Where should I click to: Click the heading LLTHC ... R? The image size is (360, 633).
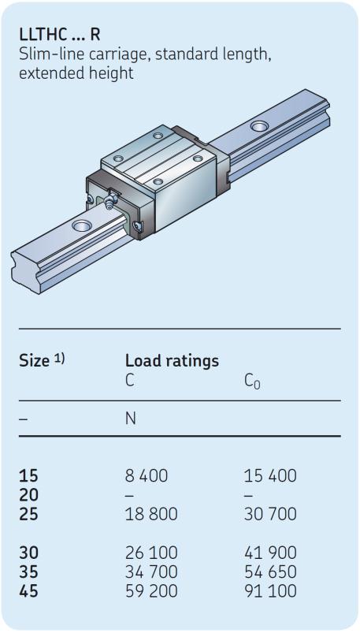click(59, 35)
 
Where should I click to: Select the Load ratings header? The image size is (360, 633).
click(172, 361)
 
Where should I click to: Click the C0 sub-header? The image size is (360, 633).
click(252, 382)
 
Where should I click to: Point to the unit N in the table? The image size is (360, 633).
click(130, 419)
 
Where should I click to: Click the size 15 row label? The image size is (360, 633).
click(28, 476)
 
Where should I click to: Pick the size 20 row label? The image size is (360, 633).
click(28, 495)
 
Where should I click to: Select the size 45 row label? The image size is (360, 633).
click(28, 591)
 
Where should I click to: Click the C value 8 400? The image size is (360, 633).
click(146, 476)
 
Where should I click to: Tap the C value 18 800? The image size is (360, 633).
click(151, 514)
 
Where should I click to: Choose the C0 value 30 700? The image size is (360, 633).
click(270, 514)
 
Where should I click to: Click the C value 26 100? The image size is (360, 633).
click(151, 553)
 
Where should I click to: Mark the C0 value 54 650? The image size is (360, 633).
click(270, 572)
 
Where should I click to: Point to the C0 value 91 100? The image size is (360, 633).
click(270, 591)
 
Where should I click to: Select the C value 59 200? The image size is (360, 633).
click(151, 591)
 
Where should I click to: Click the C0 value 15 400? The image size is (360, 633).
click(270, 476)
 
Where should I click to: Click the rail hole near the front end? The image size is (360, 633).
click(81, 225)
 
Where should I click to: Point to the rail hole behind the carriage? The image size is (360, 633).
click(259, 126)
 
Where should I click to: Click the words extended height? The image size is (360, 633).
click(76, 73)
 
